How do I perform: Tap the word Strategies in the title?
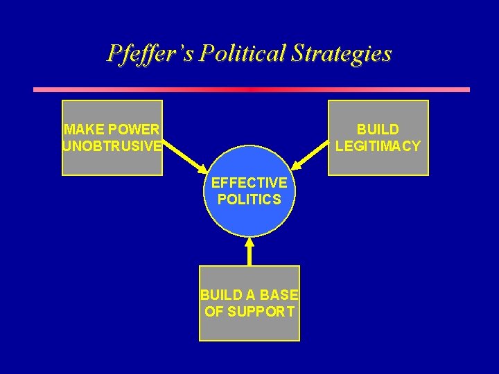pyautogui.click(x=349, y=53)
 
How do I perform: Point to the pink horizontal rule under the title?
pyautogui.click(x=251, y=89)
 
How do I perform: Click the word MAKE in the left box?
pyautogui.click(x=82, y=130)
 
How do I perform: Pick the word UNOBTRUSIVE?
pyautogui.click(x=112, y=146)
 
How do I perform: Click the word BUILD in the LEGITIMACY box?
pyautogui.click(x=378, y=130)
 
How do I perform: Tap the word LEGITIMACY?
pyautogui.click(x=378, y=146)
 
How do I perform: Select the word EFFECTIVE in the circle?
pyautogui.click(x=249, y=183)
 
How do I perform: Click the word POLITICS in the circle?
pyautogui.click(x=249, y=199)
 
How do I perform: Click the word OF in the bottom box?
pyautogui.click(x=214, y=312)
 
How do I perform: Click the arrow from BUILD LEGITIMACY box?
pyautogui.click(x=310, y=154)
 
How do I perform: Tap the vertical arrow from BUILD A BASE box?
pyautogui.click(x=249, y=253)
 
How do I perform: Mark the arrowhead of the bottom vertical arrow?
pyautogui.click(x=249, y=242)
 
